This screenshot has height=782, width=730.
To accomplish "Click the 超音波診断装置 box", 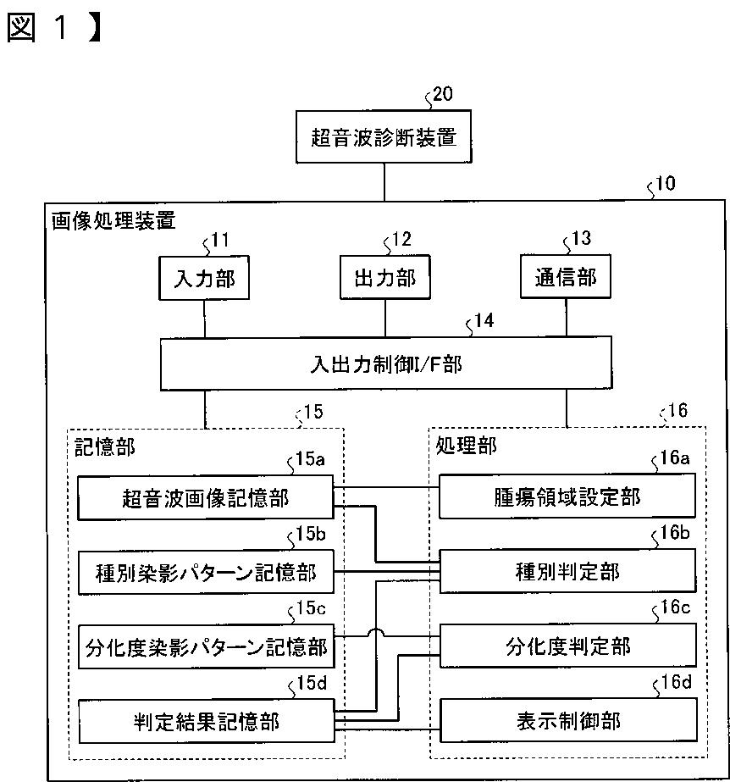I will (x=384, y=136).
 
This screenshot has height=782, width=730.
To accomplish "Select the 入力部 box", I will (x=205, y=278).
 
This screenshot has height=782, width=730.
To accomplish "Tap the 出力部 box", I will (x=384, y=278).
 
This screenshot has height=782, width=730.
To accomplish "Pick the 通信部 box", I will (x=566, y=278).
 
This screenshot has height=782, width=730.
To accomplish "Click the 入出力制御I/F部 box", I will (x=385, y=365).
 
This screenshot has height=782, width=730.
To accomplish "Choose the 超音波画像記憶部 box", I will (x=206, y=497).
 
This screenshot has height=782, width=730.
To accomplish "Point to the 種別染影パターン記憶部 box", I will (x=206, y=573).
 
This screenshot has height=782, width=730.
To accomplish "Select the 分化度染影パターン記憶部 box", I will (x=206, y=647).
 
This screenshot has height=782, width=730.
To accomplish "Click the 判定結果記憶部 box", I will (x=206, y=722).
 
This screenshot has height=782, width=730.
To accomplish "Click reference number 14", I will (x=484, y=321).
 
